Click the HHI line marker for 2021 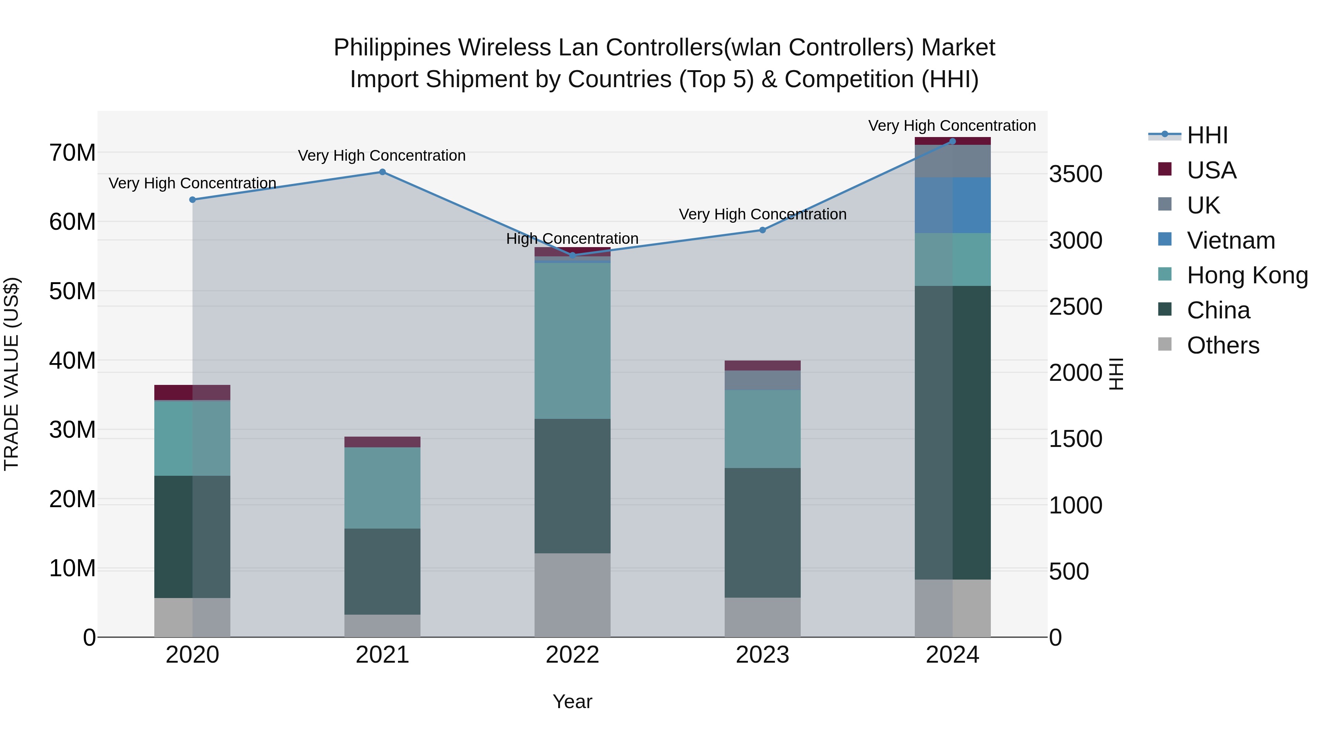coord(382,172)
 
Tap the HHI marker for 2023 coord(763,230)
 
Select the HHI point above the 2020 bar coord(192,200)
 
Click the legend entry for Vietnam coord(1230,240)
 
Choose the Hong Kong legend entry coord(1247,275)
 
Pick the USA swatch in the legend coord(1165,169)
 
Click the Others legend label coord(1223,345)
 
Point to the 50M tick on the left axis coord(72,291)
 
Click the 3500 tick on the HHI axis coord(1076,174)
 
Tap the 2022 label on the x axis coord(572,655)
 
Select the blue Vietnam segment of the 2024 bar coord(952,205)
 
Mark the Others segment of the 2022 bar coord(572,595)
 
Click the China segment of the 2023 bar coord(763,532)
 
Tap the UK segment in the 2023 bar coord(763,380)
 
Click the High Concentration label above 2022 coord(572,239)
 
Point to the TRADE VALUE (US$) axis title coord(11,374)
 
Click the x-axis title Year coord(572,701)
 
